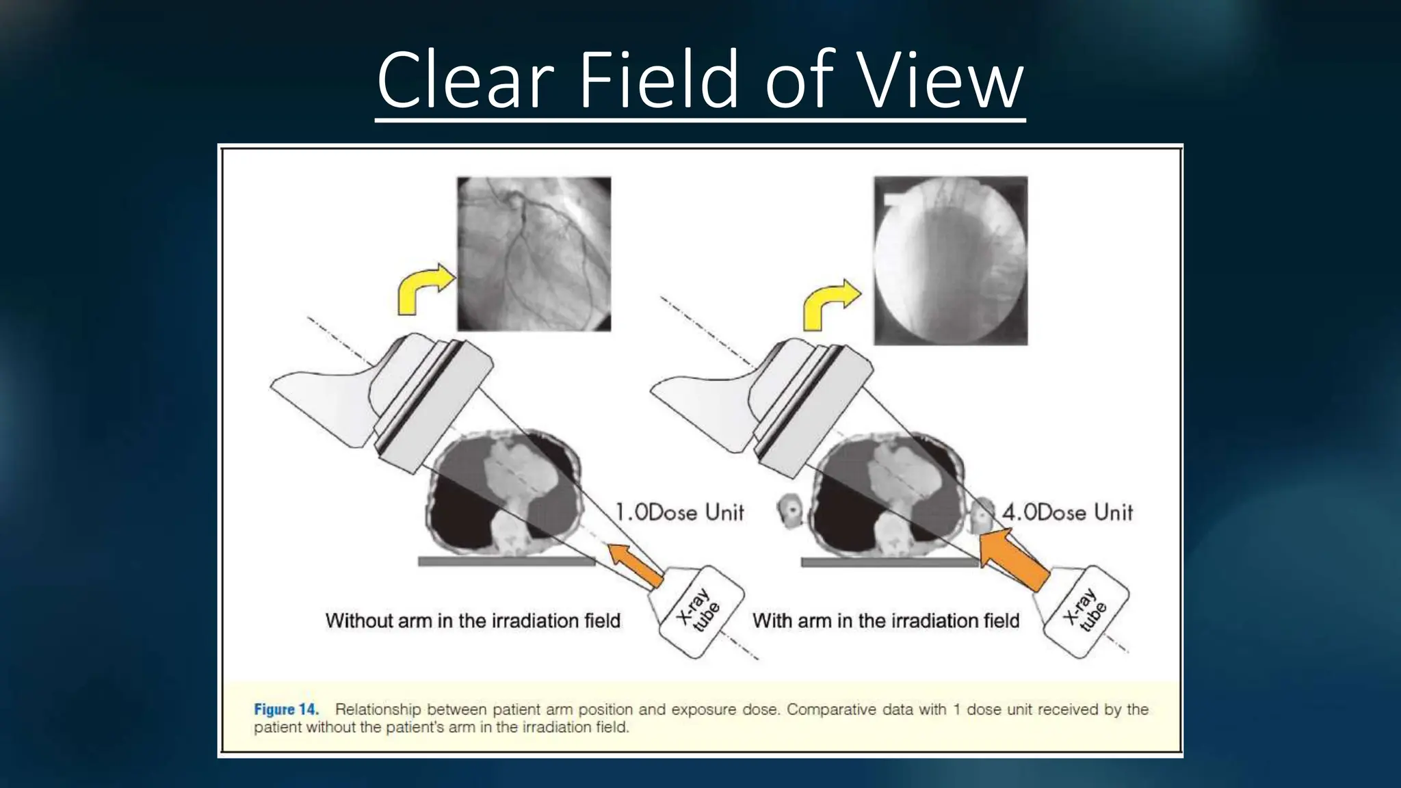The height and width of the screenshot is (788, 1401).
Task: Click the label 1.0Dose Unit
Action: coord(679,512)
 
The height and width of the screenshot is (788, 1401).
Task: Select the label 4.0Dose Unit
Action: coord(1067,512)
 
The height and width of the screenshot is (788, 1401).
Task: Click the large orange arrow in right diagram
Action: coord(1012,557)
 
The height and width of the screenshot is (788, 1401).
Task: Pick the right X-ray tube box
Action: coord(1085,612)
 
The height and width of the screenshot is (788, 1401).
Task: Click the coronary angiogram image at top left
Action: coord(534,254)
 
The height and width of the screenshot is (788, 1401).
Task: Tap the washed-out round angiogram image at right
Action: coord(950,261)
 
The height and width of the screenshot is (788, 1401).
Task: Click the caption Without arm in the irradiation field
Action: coord(473,621)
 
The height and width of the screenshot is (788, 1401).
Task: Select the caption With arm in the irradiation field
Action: coord(886,621)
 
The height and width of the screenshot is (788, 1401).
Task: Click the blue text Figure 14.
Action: coord(286,709)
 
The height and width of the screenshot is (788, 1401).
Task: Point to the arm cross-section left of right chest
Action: coord(791,512)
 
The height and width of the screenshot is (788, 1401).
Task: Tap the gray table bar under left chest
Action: coord(506,562)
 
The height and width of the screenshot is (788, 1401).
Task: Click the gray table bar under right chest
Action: coord(889,562)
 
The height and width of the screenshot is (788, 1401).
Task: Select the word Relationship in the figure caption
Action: coord(377,709)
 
